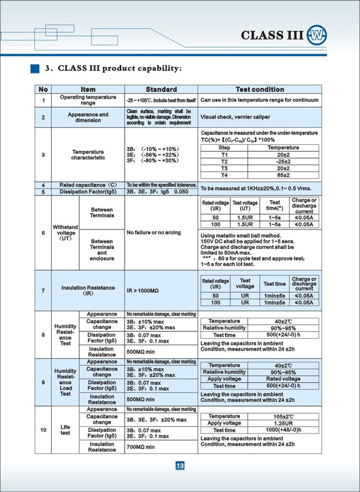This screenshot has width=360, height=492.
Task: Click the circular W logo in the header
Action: click(x=316, y=36)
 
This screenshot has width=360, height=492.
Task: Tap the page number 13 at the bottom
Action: click(x=180, y=466)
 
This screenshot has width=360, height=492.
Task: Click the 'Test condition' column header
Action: click(x=259, y=89)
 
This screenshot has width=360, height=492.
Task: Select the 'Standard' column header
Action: click(x=161, y=89)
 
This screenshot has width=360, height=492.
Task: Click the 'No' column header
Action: click(x=43, y=89)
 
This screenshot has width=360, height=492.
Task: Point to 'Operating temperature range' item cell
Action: click(x=88, y=100)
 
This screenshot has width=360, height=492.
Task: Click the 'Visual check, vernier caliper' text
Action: click(x=235, y=117)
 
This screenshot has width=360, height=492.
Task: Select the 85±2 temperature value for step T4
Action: click(x=283, y=174)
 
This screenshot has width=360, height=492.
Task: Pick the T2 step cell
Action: click(x=224, y=161)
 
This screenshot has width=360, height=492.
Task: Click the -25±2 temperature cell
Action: click(x=283, y=161)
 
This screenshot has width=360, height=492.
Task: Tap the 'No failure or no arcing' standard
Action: click(x=154, y=233)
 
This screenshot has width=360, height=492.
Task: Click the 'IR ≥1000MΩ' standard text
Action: click(x=143, y=291)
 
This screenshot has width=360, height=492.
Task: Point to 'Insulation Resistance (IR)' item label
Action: click(x=88, y=291)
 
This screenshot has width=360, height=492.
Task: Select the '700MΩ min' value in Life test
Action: click(x=141, y=447)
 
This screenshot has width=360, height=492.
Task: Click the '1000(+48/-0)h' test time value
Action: click(x=283, y=430)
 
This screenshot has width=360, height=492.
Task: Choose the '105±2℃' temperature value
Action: click(x=283, y=416)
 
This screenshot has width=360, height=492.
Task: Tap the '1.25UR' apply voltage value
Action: click(x=283, y=423)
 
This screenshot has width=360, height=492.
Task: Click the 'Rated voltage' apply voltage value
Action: click(x=283, y=379)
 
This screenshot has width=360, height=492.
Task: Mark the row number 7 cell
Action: click(x=43, y=291)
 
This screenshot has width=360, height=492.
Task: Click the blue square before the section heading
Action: click(x=34, y=68)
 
